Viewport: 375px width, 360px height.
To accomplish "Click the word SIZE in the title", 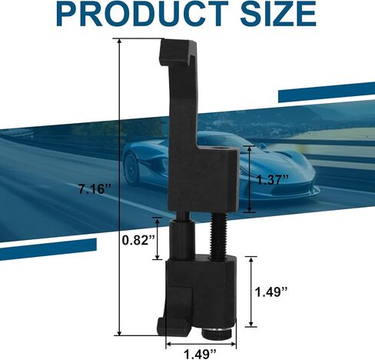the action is [x=278, y=13].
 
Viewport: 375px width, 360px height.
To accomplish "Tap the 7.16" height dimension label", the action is [x=95, y=189].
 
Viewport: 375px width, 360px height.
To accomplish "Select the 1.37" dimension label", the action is [x=273, y=180].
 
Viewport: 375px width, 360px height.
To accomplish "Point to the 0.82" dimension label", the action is [x=138, y=240].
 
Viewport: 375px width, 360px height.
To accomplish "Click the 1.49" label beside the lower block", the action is [x=271, y=292].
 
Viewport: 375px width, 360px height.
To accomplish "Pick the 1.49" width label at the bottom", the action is [x=201, y=354].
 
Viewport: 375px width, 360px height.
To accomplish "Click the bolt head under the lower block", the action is [x=217, y=333].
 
